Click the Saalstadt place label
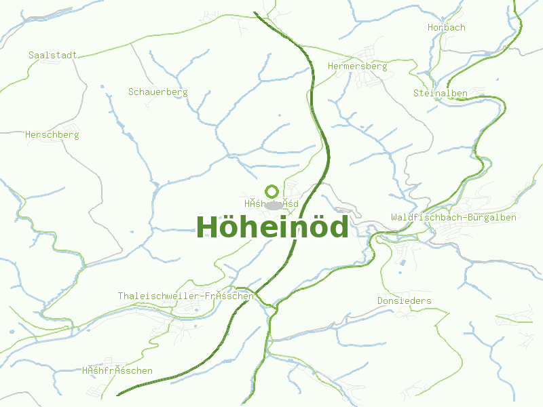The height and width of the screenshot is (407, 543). [53, 54]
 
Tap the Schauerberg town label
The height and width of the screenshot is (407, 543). [157, 92]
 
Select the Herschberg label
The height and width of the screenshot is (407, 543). [52, 134]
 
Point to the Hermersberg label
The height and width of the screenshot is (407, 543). [357, 66]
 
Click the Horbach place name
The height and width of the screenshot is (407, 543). [447, 27]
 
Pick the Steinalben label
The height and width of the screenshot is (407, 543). [440, 92]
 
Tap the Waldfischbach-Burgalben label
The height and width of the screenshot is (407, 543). [453, 217]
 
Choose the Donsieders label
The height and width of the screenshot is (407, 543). [405, 301]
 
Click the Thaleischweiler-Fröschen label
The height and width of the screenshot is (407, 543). [186, 296]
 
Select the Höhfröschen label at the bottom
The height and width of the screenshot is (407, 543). [117, 370]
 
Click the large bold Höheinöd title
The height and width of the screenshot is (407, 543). [272, 227]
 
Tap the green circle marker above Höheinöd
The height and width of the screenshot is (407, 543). [272, 191]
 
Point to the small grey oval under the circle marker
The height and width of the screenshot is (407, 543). [274, 205]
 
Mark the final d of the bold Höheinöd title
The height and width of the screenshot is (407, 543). [337, 227]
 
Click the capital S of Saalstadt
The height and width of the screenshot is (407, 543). [31, 54]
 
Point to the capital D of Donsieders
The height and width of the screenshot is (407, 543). [381, 301]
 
